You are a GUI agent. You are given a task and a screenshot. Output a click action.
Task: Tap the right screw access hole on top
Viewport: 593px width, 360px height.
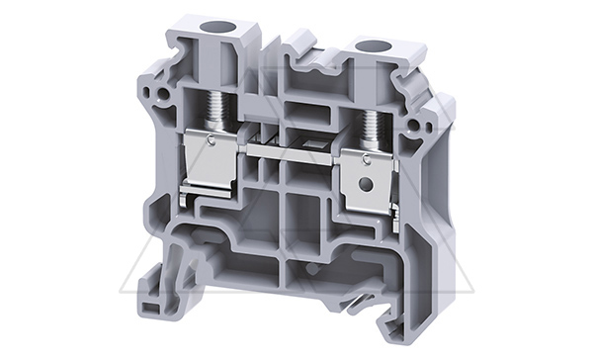tap(372, 45)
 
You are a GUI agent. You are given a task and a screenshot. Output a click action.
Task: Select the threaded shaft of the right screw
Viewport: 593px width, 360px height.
tap(373, 126)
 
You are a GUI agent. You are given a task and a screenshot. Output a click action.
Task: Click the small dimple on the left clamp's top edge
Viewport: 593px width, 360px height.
tap(214, 138)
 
